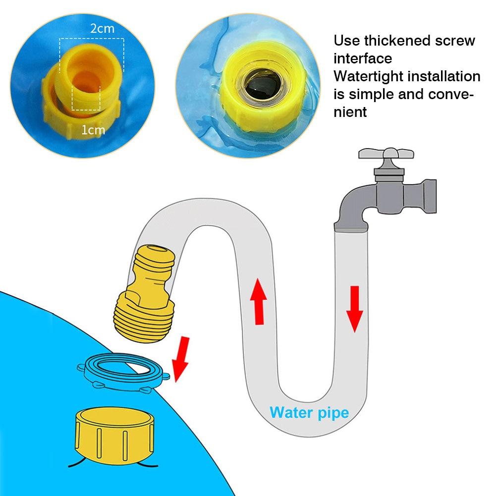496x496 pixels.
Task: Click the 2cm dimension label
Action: click(x=102, y=29)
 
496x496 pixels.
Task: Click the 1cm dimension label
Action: click(x=94, y=130)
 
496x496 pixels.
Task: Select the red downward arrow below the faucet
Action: click(x=355, y=308)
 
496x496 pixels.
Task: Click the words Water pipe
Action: click(x=309, y=412)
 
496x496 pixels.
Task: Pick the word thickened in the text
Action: click(x=399, y=41)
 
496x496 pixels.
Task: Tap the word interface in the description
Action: click(x=363, y=58)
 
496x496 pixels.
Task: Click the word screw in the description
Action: click(x=453, y=41)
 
